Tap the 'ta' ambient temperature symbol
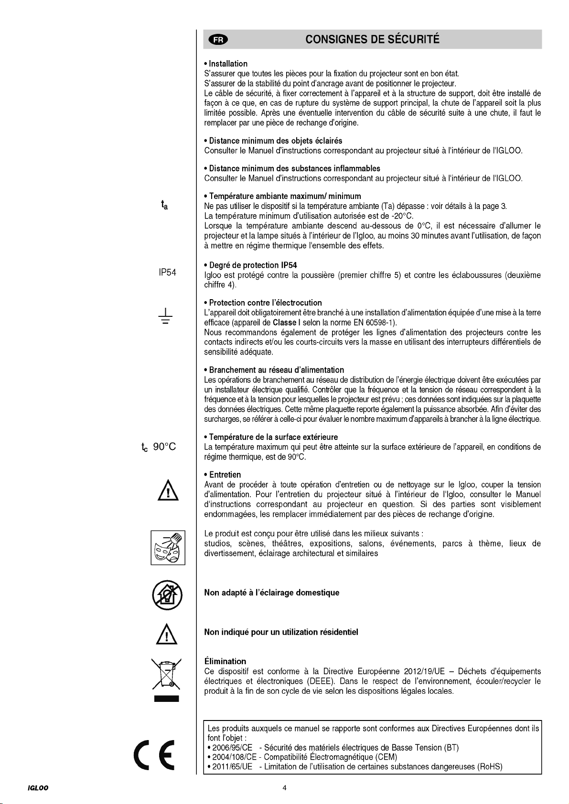click(x=164, y=206)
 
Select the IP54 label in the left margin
click(x=167, y=273)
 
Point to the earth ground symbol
click(x=165, y=316)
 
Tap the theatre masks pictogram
click(x=168, y=547)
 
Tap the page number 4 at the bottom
click(x=284, y=788)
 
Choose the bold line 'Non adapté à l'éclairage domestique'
click(x=271, y=593)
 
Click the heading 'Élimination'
click(x=225, y=661)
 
